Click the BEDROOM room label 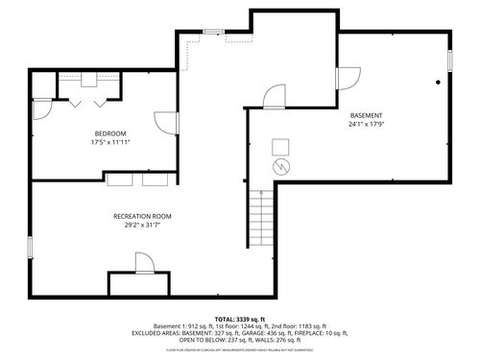click(109, 132)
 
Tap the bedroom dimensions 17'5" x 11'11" click(109, 143)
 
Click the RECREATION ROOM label click(142, 216)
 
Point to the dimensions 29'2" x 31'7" click(142, 227)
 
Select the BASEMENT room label click(366, 114)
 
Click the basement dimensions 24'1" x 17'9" click(366, 124)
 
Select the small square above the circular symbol click(280, 146)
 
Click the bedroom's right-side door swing click(166, 123)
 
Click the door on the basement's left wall click(274, 95)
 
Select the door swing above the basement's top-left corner click(348, 77)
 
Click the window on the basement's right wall click(448, 60)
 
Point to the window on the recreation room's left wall click(31, 246)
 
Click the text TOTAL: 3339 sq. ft click(240, 318)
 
